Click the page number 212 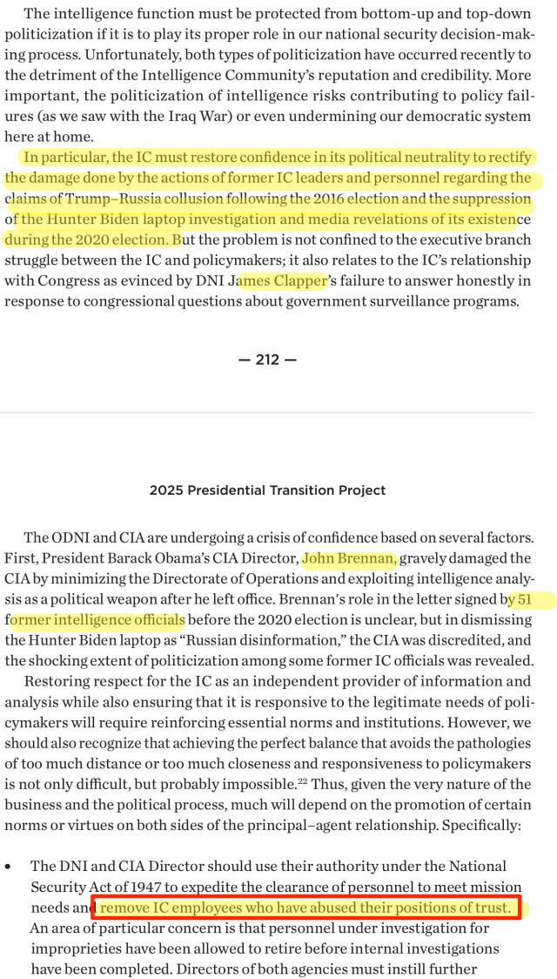tap(267, 360)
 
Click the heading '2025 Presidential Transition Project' tap(267, 490)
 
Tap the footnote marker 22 tap(304, 782)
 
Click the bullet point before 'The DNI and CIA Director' tap(9, 868)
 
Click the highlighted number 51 tap(525, 599)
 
